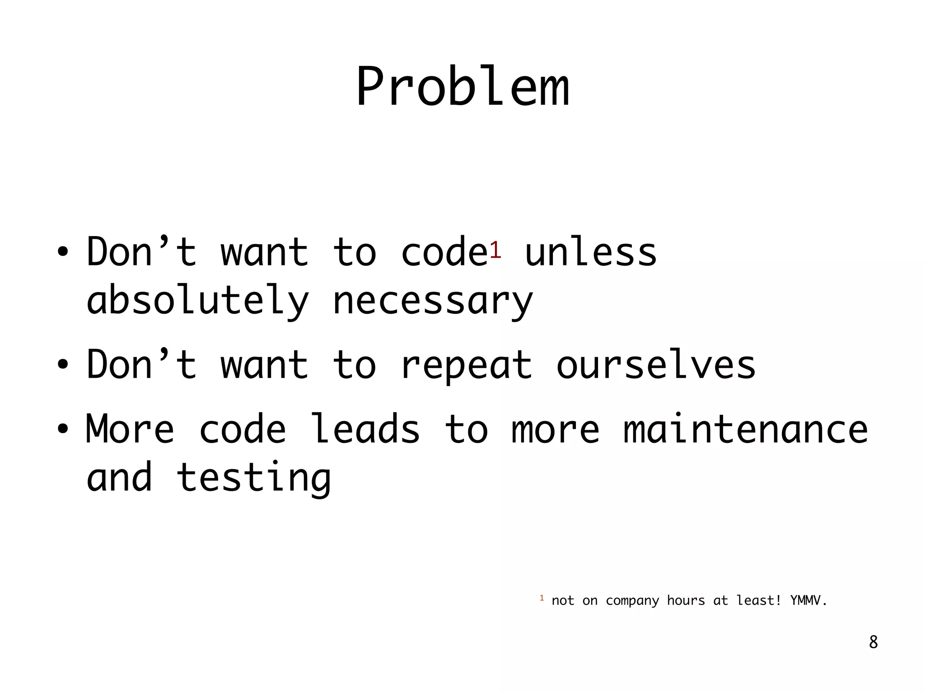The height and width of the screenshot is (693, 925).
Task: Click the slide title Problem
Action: point(462,87)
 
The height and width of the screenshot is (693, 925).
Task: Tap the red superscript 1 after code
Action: point(495,250)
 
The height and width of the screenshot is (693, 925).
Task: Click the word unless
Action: point(590,253)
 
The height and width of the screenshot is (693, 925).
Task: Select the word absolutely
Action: point(197,301)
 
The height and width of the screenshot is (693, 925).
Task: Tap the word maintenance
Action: point(745,430)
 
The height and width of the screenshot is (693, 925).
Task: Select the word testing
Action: point(254,479)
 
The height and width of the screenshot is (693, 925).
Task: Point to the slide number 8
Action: point(874,642)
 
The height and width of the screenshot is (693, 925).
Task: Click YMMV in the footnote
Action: point(808,600)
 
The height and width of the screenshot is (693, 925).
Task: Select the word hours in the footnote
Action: point(686,600)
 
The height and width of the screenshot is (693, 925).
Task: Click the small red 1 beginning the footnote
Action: point(542,598)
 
